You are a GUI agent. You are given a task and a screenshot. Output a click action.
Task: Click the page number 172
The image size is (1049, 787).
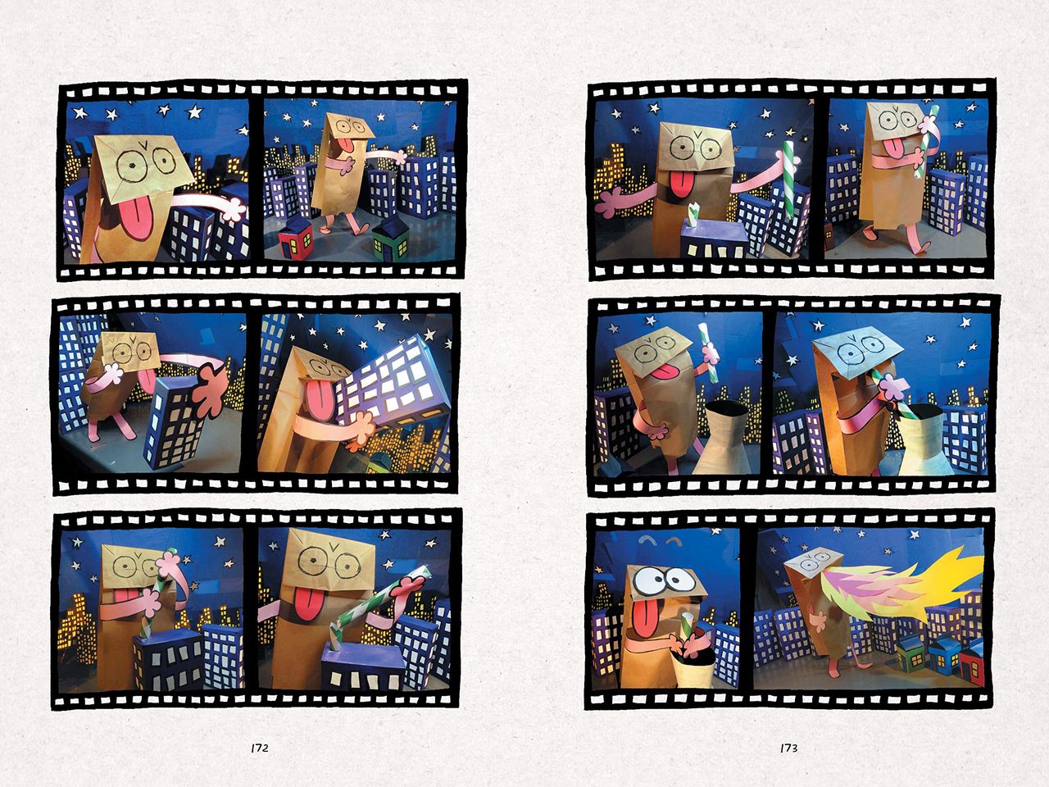(x=260, y=748)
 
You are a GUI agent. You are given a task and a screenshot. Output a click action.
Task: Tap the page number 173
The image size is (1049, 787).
(x=788, y=748)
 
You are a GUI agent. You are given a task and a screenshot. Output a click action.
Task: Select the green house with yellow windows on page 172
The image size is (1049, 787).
(x=390, y=238)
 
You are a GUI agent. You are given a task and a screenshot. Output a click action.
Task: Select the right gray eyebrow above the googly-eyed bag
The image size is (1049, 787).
(x=674, y=541)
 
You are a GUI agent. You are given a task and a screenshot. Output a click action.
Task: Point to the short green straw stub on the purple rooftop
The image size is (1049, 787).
(x=693, y=214)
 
